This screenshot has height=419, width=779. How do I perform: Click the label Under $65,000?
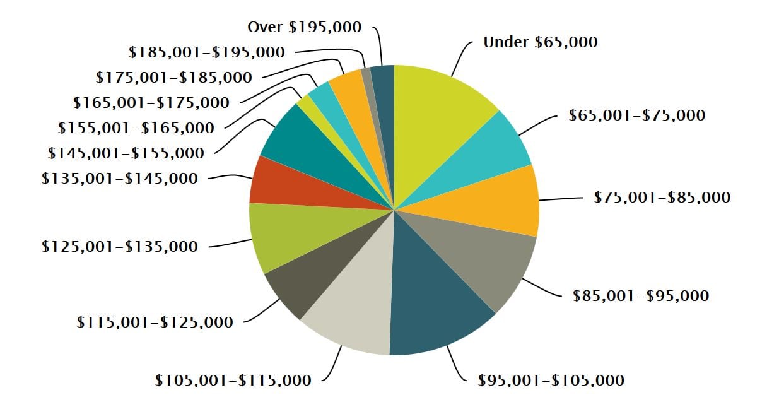540,42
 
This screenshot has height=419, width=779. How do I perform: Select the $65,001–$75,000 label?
636,115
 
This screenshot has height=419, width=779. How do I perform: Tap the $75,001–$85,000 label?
662,198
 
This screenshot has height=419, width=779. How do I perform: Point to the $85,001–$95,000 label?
640,295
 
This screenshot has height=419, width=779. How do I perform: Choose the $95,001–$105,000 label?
551,381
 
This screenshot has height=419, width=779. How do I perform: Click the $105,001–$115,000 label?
233,381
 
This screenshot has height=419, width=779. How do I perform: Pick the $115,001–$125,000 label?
155,322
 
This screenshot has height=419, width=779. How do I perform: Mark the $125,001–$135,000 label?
119,247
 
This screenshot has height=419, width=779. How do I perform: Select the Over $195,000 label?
305,27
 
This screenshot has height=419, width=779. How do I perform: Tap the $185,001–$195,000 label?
206,52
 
